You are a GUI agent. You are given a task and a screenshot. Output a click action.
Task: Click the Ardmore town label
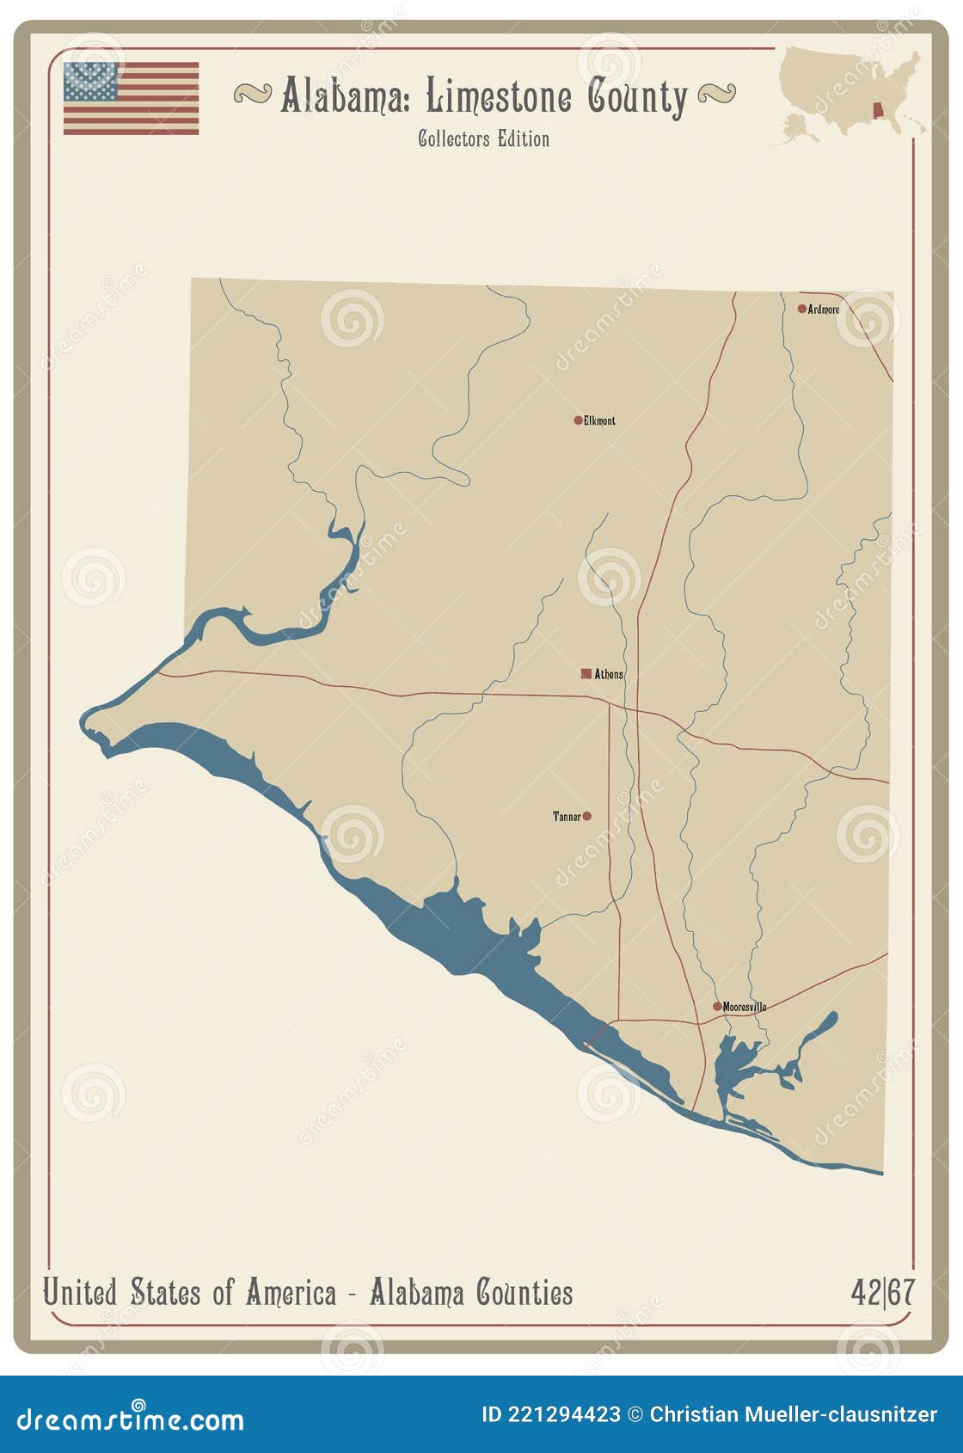coord(824,310)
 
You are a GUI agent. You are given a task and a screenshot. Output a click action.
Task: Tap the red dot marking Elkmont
coord(578,420)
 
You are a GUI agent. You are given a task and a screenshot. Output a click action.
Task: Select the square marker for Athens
coord(586,674)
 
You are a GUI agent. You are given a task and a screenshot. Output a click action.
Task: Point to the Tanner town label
coord(567,817)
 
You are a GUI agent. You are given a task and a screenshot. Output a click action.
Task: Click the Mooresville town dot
coord(717,1006)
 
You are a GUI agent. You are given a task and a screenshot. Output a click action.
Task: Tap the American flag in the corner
coord(131,98)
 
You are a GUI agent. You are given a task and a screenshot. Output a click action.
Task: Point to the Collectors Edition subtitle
coord(483,139)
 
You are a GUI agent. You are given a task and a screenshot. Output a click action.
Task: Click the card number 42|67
coord(883,1292)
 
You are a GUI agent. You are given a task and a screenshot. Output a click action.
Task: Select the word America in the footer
coord(291,1292)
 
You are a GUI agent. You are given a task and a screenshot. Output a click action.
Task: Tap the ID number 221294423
coord(563,1414)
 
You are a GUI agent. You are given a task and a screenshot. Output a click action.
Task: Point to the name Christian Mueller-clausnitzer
coord(793,1414)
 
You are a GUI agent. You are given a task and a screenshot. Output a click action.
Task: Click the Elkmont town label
coord(600,421)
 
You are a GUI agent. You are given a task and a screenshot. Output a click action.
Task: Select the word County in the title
coord(638,97)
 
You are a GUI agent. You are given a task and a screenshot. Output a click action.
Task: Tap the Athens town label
coord(610,675)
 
